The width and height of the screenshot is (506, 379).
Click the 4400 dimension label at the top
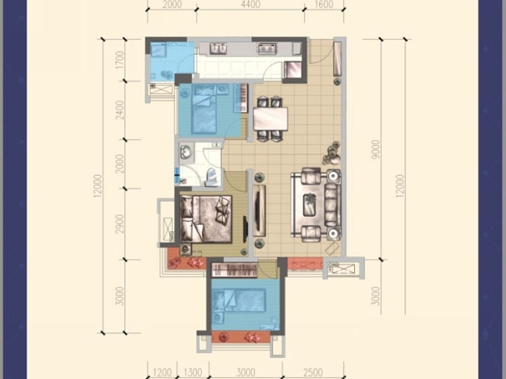point(250,4)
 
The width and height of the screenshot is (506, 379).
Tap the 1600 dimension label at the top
point(323,4)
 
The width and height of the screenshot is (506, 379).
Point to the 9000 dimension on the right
point(376,150)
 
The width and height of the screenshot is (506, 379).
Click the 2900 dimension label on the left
point(120,224)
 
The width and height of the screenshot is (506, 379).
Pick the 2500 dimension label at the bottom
point(313,372)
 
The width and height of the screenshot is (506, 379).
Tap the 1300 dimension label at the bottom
point(192,372)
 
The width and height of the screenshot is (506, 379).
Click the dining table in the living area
point(271,119)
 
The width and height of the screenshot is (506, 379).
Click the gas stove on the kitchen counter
point(266,49)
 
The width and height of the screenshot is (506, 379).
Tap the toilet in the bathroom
point(212,177)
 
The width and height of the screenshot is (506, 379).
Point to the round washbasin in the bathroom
point(185,152)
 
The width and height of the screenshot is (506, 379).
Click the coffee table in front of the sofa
point(310,205)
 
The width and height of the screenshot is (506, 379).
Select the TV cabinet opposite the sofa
point(259,211)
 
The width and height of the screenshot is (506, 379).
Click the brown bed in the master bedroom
point(206,219)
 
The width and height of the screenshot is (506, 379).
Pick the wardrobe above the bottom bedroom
point(234,270)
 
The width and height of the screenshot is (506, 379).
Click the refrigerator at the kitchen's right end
point(293,69)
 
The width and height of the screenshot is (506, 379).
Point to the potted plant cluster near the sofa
point(331,152)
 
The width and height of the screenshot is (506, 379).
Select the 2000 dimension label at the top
point(171,4)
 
